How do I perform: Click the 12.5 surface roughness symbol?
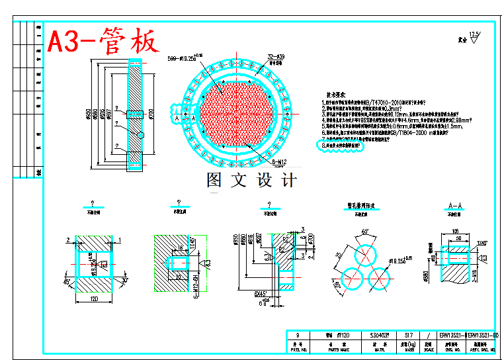[x=474, y=34]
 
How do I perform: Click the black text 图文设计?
[x=251, y=180]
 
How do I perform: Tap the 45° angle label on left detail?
[x=68, y=281]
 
